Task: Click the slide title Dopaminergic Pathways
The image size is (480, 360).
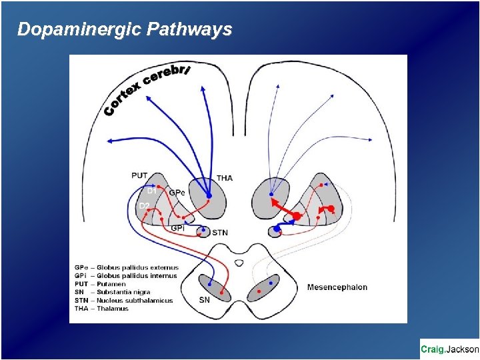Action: [x=125, y=29]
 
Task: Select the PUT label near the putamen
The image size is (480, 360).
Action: [x=139, y=175]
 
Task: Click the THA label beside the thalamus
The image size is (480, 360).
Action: [x=225, y=178]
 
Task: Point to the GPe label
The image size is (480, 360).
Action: [x=177, y=193]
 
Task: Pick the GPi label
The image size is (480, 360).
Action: [x=178, y=228]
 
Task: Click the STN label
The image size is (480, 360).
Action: [x=219, y=233]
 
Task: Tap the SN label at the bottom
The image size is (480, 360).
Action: [x=205, y=299]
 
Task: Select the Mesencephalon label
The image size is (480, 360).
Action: [x=337, y=287]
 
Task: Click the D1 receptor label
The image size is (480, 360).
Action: [x=151, y=191]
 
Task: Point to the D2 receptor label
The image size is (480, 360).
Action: [x=144, y=205]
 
